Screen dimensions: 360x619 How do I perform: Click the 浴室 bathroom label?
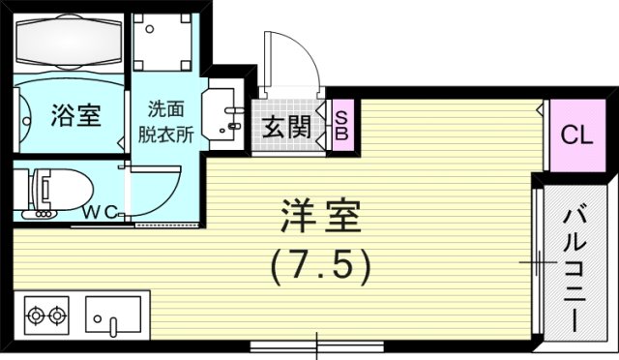click(74, 116)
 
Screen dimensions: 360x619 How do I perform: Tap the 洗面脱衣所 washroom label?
click(171, 121)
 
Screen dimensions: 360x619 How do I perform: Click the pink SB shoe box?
click(340, 125)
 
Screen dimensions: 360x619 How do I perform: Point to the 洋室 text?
click(321, 218)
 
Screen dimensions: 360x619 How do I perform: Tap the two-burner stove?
click(47, 315)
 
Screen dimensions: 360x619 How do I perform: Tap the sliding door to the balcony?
click(535, 261)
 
